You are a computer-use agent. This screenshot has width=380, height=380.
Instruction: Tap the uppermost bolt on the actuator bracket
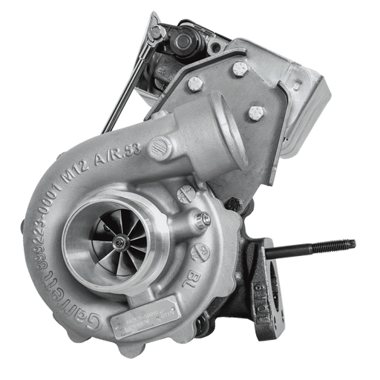click(239, 68)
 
